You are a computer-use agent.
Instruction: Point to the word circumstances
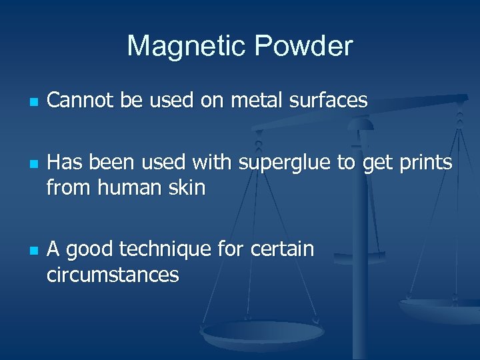113,274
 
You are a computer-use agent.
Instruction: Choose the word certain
282,249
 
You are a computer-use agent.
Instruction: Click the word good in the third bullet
89,250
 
